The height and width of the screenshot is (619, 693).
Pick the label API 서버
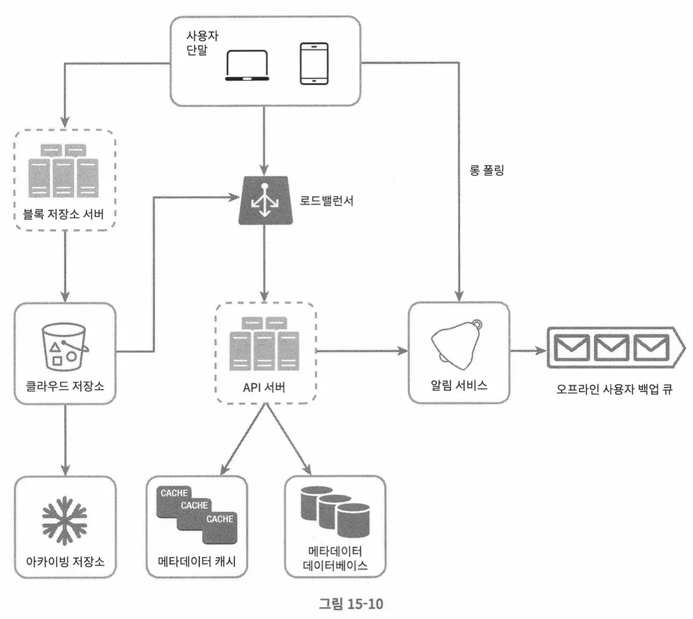point(263,387)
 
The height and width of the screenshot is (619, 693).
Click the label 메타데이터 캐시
point(197,562)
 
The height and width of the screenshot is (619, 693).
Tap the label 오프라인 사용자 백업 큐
point(614,388)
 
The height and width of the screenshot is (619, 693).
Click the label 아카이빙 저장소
point(65,562)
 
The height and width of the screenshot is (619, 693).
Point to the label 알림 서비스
point(459,385)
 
